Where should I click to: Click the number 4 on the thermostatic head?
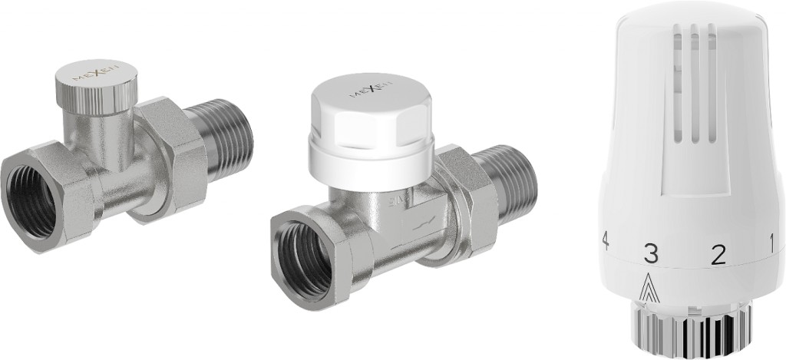606,240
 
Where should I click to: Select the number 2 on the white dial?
718,254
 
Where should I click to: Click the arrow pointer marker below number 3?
651,286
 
